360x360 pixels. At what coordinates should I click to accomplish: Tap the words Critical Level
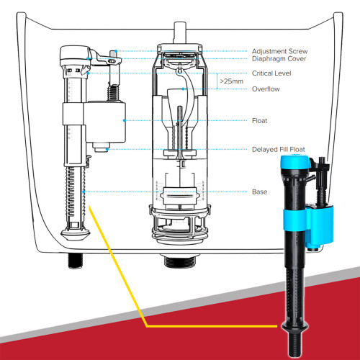(271, 73)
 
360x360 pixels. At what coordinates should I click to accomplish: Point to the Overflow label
(266, 89)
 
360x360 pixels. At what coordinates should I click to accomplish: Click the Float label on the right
(259, 121)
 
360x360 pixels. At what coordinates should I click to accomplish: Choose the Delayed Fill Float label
(278, 149)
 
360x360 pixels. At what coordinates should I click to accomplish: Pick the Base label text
(258, 192)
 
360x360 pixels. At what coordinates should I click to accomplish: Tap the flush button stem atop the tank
(179, 32)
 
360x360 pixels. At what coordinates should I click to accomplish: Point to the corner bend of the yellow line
(146, 326)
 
